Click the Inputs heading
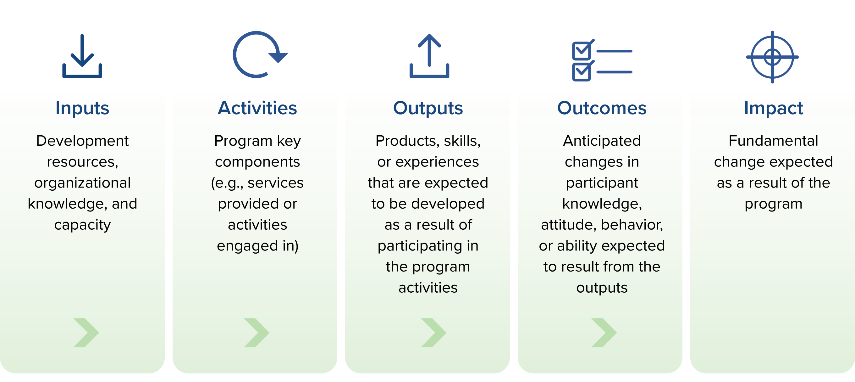(x=82, y=108)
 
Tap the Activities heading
(x=257, y=108)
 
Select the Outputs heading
(x=427, y=108)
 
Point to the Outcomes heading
(x=601, y=108)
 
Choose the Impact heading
(x=773, y=108)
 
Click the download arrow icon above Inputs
(x=82, y=56)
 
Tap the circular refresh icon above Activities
(x=257, y=55)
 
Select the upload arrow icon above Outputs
(x=429, y=56)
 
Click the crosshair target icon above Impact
(x=772, y=57)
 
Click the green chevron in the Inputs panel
(x=86, y=333)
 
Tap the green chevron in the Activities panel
(x=256, y=333)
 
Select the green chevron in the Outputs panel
(x=433, y=333)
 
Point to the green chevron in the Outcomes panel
(x=604, y=333)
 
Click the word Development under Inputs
(x=82, y=141)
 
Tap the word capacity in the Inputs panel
(x=82, y=225)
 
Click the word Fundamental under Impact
(x=773, y=141)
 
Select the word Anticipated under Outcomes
(x=601, y=141)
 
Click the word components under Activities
(x=257, y=162)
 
